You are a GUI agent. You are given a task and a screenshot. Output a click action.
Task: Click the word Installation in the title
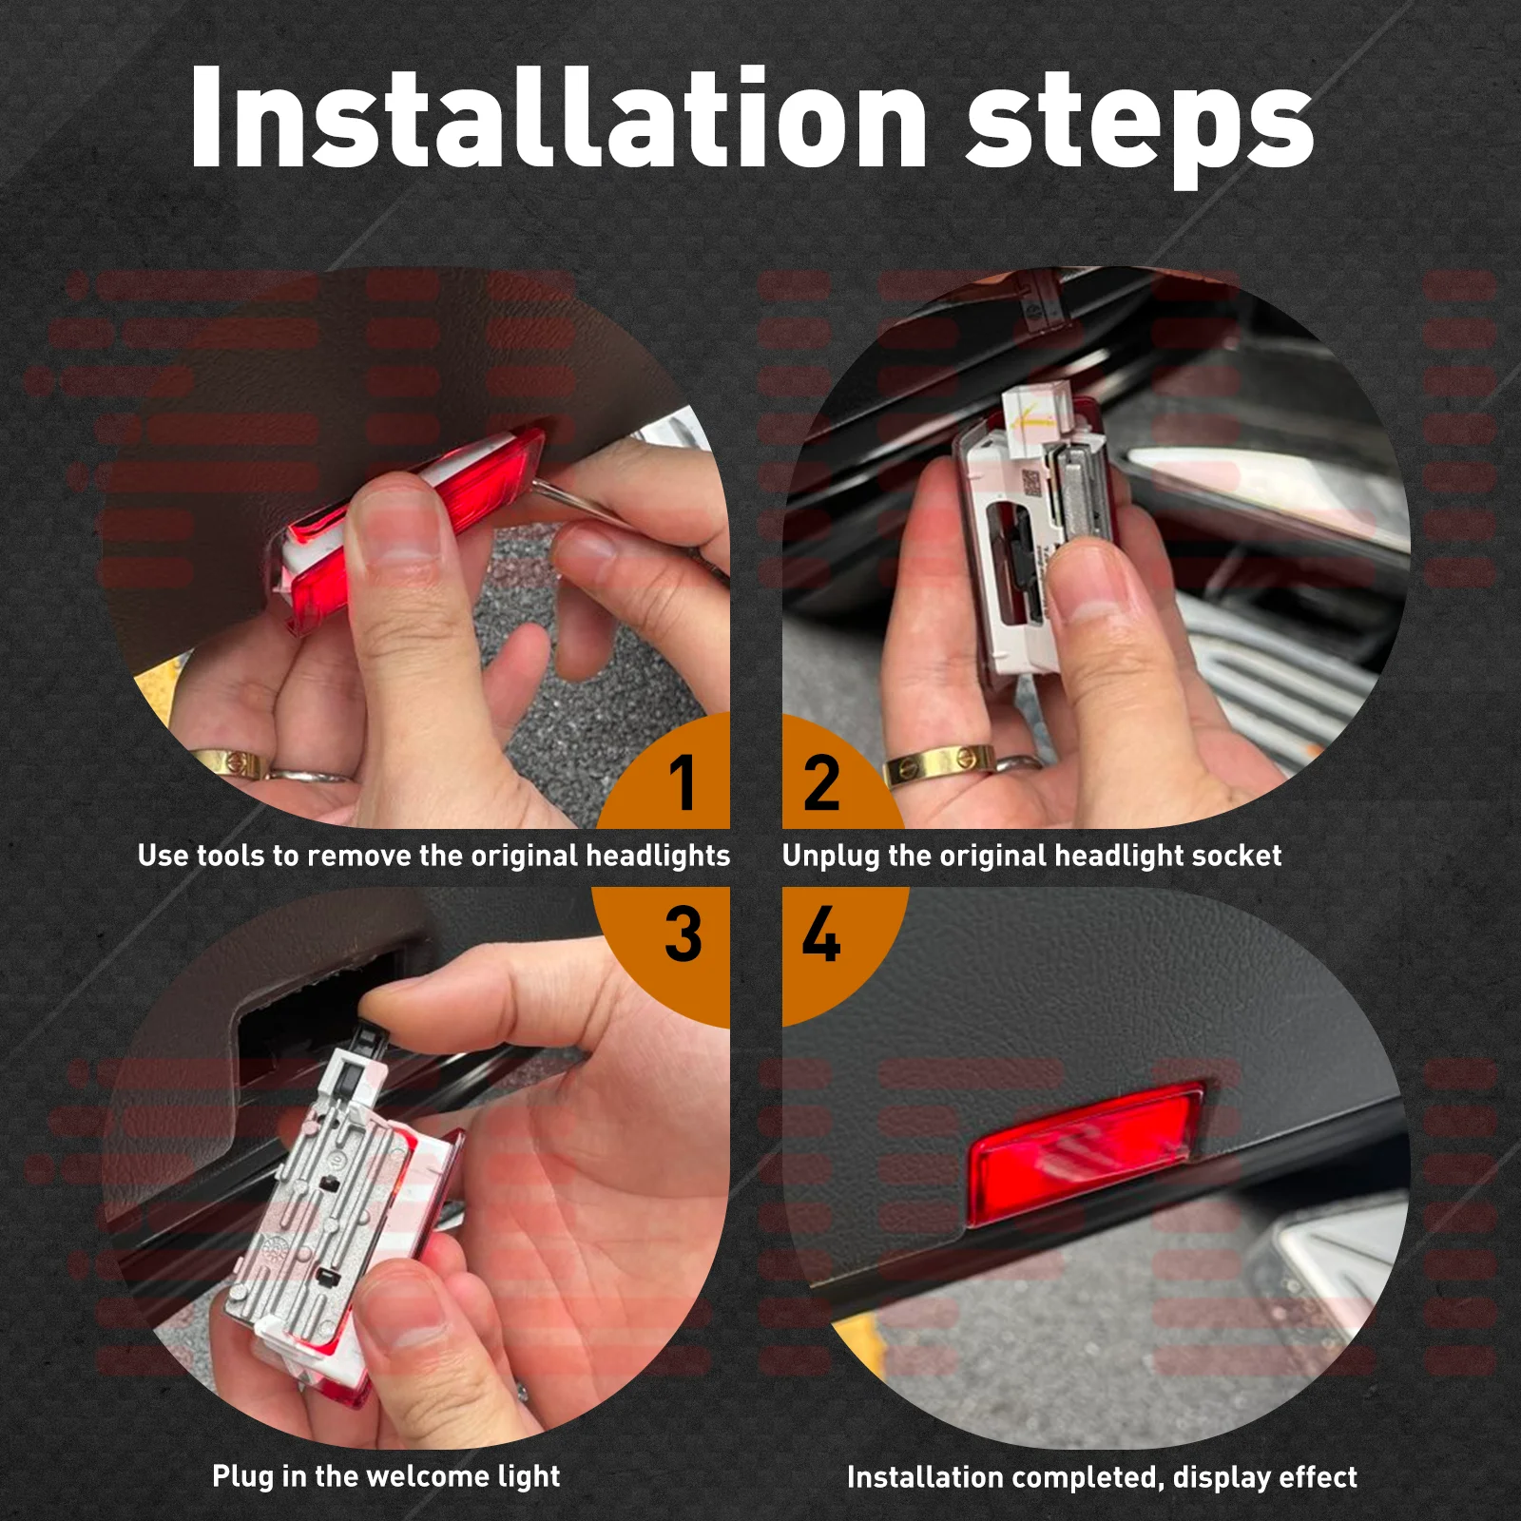coord(558,118)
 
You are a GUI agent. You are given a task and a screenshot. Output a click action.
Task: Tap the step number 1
coord(683,782)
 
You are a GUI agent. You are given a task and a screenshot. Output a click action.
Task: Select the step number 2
coord(821,782)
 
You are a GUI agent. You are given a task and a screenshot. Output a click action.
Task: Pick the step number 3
coord(683,934)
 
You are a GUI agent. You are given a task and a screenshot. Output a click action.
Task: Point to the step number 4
coord(821,934)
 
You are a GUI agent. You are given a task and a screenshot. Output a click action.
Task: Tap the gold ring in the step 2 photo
coord(939,765)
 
